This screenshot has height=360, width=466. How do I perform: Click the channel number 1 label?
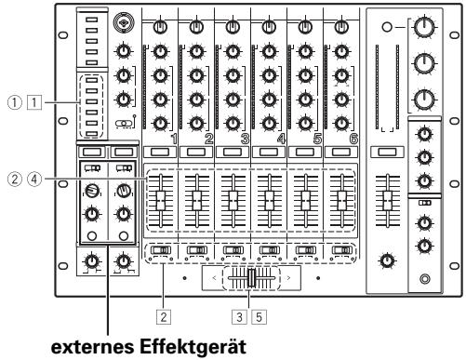click(x=174, y=138)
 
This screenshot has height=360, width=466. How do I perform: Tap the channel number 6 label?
click(x=353, y=138)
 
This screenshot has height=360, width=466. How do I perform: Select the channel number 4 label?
click(x=281, y=138)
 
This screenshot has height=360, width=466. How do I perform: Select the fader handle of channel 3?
click(x=233, y=198)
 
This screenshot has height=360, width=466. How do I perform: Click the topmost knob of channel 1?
click(x=160, y=25)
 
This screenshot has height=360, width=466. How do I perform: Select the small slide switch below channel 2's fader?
click(x=196, y=250)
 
